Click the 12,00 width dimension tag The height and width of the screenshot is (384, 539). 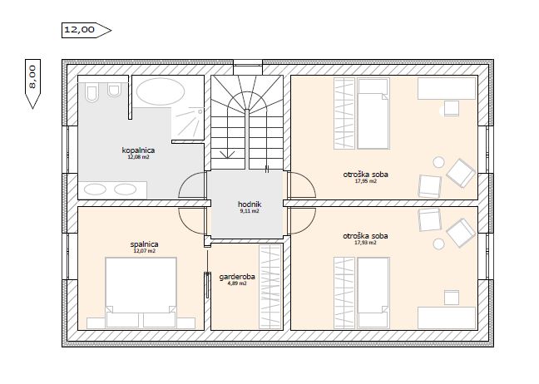click(x=87, y=30)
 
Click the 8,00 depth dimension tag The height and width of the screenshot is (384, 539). click(x=32, y=84)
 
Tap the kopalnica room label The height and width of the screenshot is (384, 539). click(x=138, y=150)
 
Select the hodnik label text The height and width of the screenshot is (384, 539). click(x=250, y=204)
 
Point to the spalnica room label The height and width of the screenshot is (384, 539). click(x=144, y=244)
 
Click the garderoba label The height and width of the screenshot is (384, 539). click(x=237, y=277)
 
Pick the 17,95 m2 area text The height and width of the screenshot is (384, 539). click(x=365, y=181)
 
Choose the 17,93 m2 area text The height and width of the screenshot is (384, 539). click(x=365, y=243)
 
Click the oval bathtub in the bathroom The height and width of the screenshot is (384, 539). click(x=161, y=91)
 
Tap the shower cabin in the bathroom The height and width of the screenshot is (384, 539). click(x=188, y=124)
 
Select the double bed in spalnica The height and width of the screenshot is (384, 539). click(x=141, y=292)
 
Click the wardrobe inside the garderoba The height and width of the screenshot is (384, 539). click(x=270, y=287)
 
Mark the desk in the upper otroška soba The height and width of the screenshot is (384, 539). click(x=447, y=88)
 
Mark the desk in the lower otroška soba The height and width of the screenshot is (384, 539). click(x=447, y=318)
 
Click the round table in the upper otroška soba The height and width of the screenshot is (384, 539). click(x=438, y=162)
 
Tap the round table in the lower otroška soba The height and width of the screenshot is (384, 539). click(x=438, y=244)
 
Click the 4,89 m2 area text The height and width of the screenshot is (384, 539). click(x=237, y=283)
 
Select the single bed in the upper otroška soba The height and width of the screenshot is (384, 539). click(x=373, y=114)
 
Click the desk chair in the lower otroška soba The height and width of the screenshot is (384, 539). click(x=452, y=298)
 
